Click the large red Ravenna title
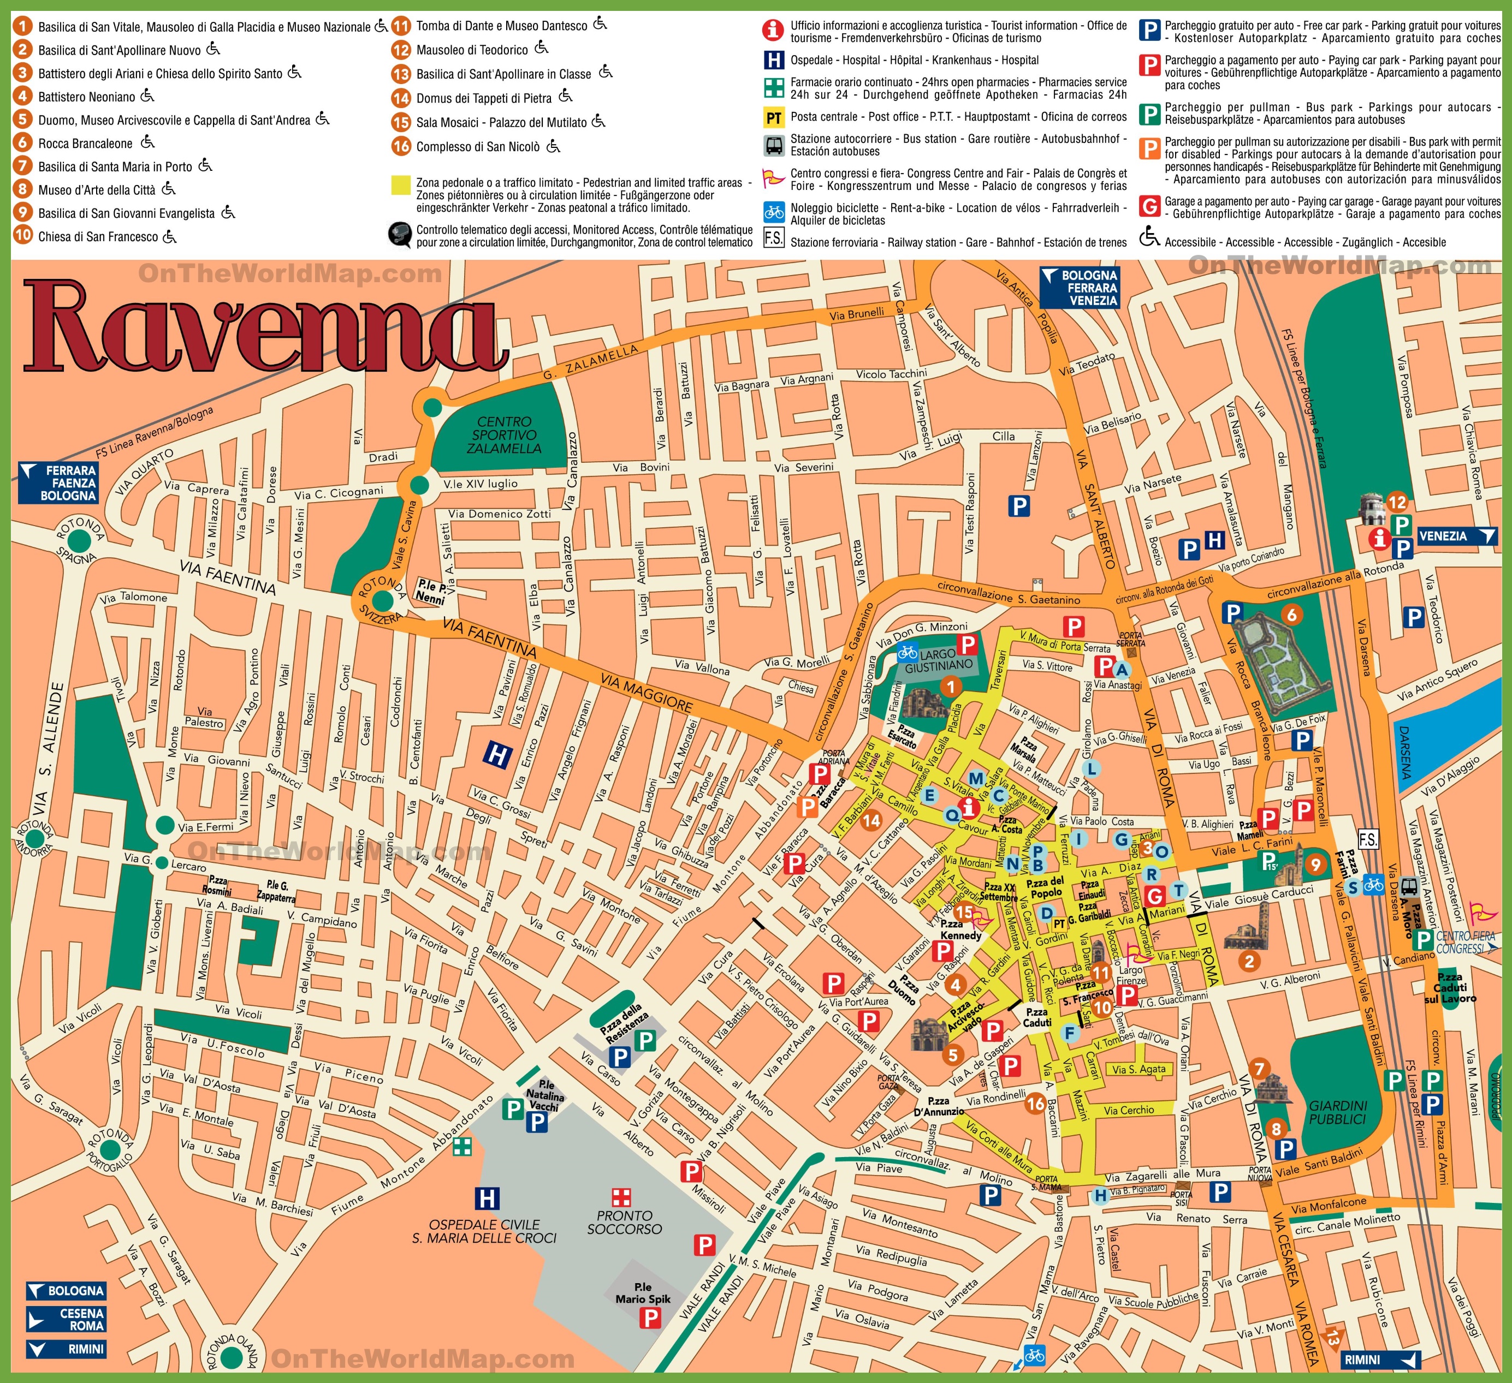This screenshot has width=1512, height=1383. (263, 326)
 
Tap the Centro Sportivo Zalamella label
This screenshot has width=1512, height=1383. (503, 436)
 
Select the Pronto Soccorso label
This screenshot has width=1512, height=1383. (624, 1222)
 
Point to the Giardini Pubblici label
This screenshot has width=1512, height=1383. (1338, 1112)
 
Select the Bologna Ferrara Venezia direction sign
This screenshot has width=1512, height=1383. (1080, 288)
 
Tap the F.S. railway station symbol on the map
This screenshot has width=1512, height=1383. (1368, 839)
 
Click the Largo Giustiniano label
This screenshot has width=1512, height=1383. (938, 660)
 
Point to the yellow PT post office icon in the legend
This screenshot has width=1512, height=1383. (773, 117)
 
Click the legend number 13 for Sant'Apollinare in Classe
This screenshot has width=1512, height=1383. (401, 74)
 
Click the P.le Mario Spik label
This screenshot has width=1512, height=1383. (643, 1293)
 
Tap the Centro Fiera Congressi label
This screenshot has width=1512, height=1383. (1466, 942)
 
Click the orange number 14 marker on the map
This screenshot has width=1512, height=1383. (871, 820)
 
